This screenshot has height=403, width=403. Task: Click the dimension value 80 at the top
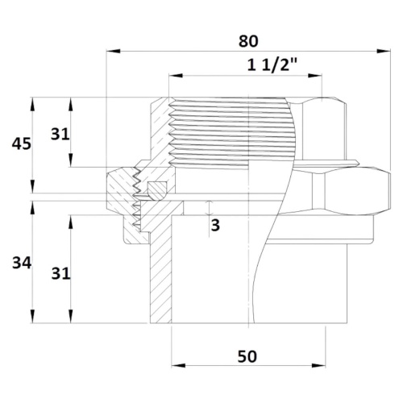point(248,41)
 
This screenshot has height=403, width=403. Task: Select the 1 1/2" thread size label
point(272,64)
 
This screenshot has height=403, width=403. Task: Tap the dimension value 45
point(22,144)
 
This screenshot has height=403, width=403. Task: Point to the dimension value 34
point(22,263)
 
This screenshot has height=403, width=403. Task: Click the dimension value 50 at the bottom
point(247,356)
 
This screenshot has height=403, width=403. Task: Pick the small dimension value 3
point(215,225)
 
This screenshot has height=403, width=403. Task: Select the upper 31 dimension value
point(60,134)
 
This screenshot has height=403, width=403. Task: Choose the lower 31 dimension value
point(60,274)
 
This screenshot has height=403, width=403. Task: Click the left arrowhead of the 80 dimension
point(114,51)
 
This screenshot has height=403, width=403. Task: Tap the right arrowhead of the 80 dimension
point(384,51)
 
